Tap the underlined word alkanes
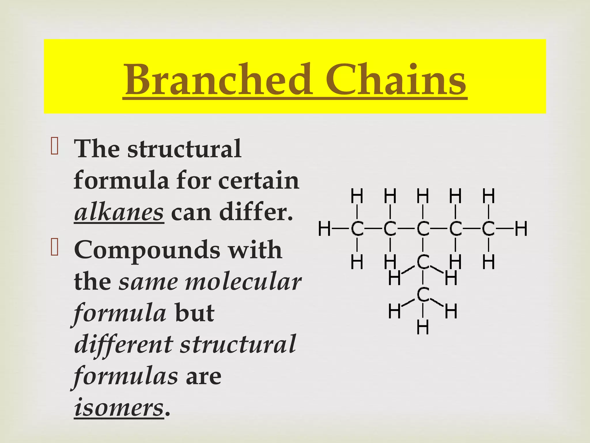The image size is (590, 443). point(119,213)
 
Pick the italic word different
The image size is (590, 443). point(124,344)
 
